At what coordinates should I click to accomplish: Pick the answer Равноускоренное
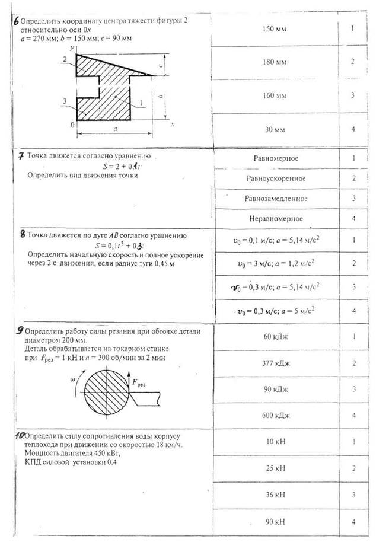tap(276, 178)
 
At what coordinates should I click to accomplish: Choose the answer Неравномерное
tap(276, 218)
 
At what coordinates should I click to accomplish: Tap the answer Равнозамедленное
tap(276, 198)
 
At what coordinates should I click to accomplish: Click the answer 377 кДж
tap(275, 363)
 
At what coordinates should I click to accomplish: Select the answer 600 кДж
tap(275, 415)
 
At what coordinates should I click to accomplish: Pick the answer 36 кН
tap(275, 494)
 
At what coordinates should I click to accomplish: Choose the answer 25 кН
tap(275, 468)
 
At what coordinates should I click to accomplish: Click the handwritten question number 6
tap(16, 20)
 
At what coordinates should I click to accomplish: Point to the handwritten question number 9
tap(20, 331)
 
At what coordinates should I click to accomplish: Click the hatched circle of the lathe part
tap(106, 391)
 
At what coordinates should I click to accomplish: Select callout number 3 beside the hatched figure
tap(63, 101)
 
